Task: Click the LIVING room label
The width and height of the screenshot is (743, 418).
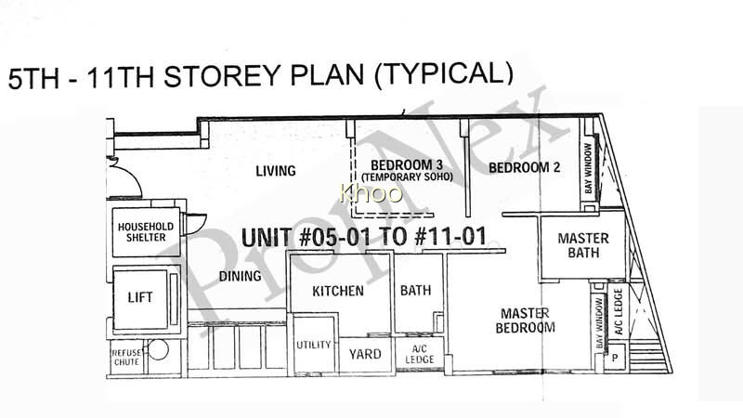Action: (275, 171)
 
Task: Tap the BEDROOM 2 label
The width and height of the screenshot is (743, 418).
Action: (524, 167)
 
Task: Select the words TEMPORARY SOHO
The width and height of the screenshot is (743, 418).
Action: (407, 177)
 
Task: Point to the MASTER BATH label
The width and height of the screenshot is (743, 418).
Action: (583, 245)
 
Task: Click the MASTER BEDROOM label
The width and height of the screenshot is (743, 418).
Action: (525, 320)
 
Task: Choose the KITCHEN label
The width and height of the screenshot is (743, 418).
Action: (338, 291)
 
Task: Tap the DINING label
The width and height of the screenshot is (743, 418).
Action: (240, 276)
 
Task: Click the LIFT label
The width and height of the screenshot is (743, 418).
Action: (140, 297)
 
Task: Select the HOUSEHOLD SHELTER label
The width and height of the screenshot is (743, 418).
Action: (146, 231)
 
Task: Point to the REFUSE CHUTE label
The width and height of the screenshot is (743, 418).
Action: (126, 358)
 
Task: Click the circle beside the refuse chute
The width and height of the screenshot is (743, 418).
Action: (159, 350)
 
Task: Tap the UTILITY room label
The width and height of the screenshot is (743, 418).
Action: (313, 345)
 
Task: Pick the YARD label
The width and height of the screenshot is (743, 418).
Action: (365, 354)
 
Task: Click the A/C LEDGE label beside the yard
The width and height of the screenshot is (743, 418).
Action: (420, 355)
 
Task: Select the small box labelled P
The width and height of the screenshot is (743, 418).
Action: (615, 358)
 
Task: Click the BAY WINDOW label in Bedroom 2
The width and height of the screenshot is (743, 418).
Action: (588, 168)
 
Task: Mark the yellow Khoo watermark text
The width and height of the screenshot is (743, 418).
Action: (371, 193)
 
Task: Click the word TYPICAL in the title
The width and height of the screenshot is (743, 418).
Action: (443, 74)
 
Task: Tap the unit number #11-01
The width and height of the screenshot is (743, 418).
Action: (450, 237)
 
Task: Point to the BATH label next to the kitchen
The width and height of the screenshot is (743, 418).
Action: (415, 290)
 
